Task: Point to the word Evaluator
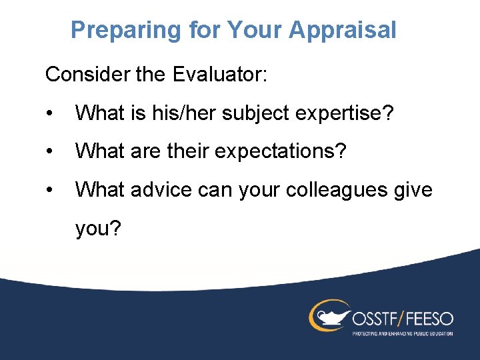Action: click(x=219, y=74)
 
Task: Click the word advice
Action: click(x=158, y=190)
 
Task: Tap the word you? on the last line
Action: click(x=98, y=229)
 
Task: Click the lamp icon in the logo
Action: click(x=329, y=316)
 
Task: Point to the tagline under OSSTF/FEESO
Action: click(x=403, y=333)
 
